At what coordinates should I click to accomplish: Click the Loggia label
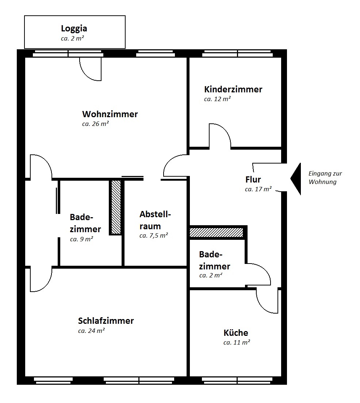[74, 28]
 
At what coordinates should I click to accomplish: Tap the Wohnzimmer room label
[110, 114]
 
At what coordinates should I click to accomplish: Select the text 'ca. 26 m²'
[95, 124]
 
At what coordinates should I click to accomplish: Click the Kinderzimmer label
[233, 89]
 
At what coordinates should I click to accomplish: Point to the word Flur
[253, 179]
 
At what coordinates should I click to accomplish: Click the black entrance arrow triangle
[296, 179]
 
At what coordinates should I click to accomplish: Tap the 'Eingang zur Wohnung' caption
[325, 178]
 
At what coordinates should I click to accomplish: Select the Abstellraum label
[155, 220]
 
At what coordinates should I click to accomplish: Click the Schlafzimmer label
[106, 321]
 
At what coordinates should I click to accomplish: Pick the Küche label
[236, 333]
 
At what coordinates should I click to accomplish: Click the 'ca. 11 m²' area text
[237, 343]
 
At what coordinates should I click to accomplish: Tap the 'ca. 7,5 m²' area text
[154, 236]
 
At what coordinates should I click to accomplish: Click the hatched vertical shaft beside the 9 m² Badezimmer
[116, 207]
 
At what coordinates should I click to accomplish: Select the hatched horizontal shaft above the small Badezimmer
[216, 232]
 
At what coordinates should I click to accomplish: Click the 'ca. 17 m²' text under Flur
[258, 189]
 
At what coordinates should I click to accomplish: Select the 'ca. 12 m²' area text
[218, 99]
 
